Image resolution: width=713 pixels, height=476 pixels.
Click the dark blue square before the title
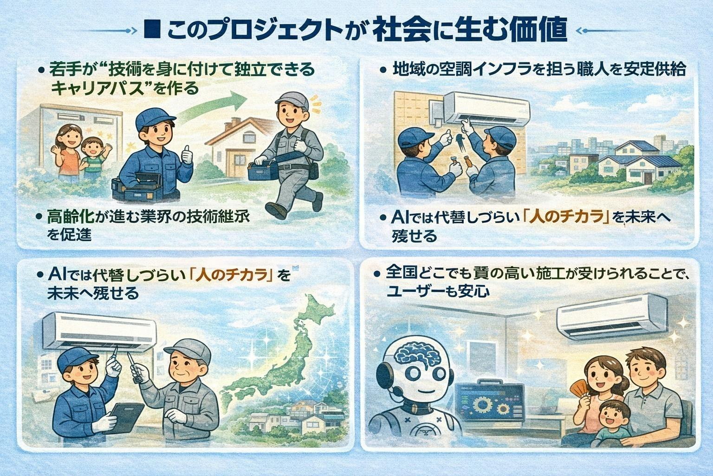(x=152, y=31)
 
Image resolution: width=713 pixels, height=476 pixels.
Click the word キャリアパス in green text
(x=97, y=88)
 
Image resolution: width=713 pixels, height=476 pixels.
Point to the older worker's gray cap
(x=188, y=350)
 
